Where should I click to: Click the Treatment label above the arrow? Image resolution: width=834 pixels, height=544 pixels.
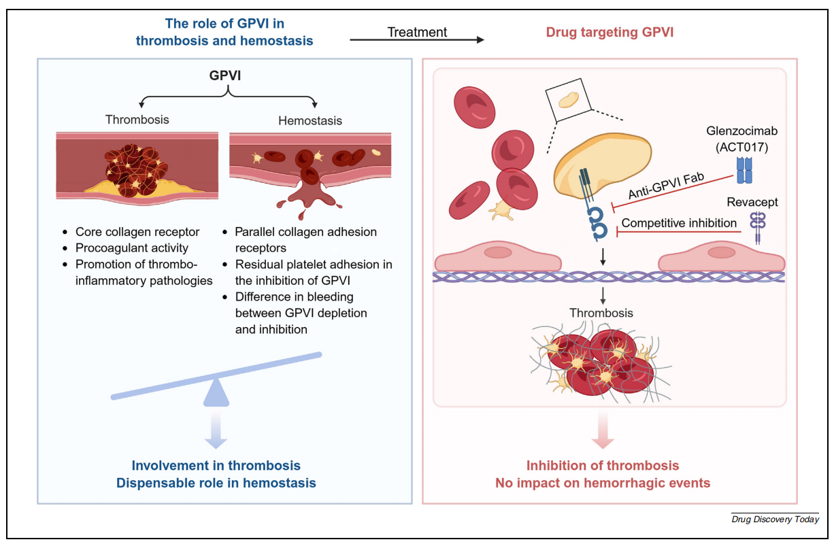417,32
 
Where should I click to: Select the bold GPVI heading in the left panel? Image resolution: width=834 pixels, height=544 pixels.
224,76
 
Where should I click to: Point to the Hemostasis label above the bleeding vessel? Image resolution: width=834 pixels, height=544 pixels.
310,120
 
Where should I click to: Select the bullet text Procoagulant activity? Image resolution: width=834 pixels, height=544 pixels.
132,248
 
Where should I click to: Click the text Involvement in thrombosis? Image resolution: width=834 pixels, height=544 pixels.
216,466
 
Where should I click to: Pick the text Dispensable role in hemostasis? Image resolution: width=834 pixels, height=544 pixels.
216,483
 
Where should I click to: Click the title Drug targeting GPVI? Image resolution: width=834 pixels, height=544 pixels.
610,32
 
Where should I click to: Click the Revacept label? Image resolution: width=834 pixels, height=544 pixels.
752,202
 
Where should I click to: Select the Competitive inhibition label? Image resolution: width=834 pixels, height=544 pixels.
679,223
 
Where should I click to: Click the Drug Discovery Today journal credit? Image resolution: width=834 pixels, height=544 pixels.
775,520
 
